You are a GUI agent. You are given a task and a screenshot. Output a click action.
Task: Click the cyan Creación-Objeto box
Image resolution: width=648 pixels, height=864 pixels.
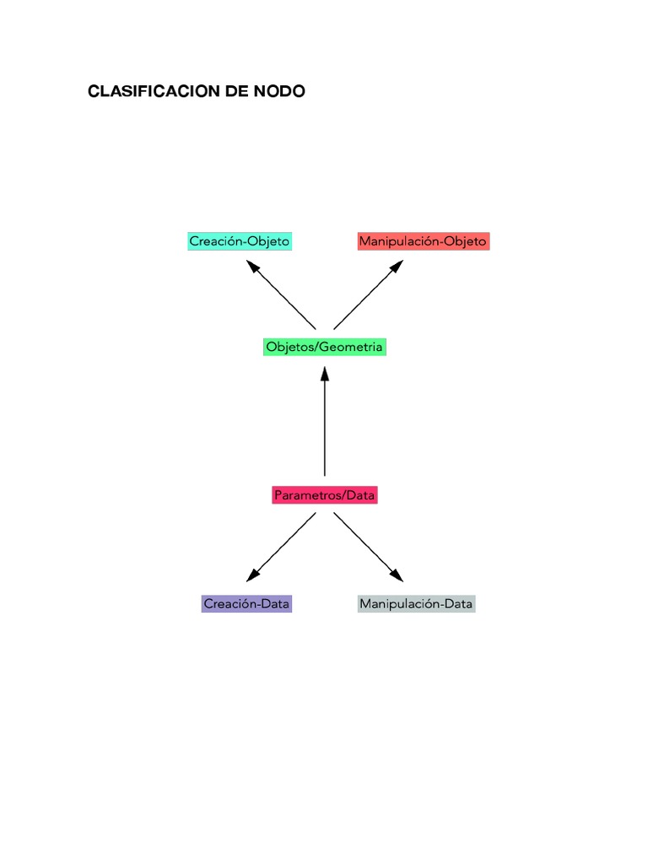pyautogui.click(x=240, y=241)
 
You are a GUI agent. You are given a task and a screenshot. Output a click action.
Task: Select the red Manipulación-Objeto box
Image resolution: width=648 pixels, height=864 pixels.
pyautogui.click(x=424, y=241)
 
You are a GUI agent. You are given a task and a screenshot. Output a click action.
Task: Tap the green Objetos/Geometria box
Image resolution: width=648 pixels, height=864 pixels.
pyautogui.click(x=325, y=347)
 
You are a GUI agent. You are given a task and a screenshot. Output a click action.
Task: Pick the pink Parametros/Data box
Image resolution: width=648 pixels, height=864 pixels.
pyautogui.click(x=325, y=494)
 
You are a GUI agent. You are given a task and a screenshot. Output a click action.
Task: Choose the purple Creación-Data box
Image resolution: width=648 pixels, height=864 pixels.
pyautogui.click(x=246, y=604)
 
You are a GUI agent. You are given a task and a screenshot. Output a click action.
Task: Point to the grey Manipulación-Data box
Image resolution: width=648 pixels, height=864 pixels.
pyautogui.click(x=416, y=604)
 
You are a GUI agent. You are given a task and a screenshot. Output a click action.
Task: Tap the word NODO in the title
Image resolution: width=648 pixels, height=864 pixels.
pyautogui.click(x=279, y=91)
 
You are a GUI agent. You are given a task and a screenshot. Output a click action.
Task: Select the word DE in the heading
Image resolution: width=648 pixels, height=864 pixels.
pyautogui.click(x=237, y=91)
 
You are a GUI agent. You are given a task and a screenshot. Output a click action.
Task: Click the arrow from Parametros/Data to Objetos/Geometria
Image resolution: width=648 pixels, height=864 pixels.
pyautogui.click(x=325, y=422)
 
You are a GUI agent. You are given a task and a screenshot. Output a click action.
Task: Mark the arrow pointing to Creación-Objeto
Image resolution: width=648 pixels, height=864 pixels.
pyautogui.click(x=281, y=294)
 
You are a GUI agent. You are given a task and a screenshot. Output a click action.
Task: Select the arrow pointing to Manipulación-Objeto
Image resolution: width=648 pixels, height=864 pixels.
pyautogui.click(x=369, y=294)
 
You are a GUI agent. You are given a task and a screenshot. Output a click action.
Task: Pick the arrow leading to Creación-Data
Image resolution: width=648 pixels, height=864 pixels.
pyautogui.click(x=281, y=547)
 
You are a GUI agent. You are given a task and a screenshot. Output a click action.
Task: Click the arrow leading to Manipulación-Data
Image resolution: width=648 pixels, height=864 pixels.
pyautogui.click(x=369, y=547)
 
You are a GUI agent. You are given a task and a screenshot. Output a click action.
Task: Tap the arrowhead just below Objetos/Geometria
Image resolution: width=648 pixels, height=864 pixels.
pyautogui.click(x=325, y=374)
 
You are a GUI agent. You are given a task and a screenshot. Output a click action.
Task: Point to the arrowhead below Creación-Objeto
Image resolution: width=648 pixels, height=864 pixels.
pyautogui.click(x=252, y=266)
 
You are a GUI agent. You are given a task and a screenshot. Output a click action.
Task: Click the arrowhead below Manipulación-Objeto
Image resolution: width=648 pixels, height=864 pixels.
pyautogui.click(x=397, y=266)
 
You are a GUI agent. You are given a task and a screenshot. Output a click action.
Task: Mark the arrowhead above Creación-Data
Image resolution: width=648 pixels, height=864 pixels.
pyautogui.click(x=252, y=575)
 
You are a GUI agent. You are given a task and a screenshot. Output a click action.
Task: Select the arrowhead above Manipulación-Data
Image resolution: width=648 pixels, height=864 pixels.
pyautogui.click(x=397, y=575)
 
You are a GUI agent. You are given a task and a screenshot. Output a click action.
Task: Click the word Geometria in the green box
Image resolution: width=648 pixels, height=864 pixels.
pyautogui.click(x=350, y=347)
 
